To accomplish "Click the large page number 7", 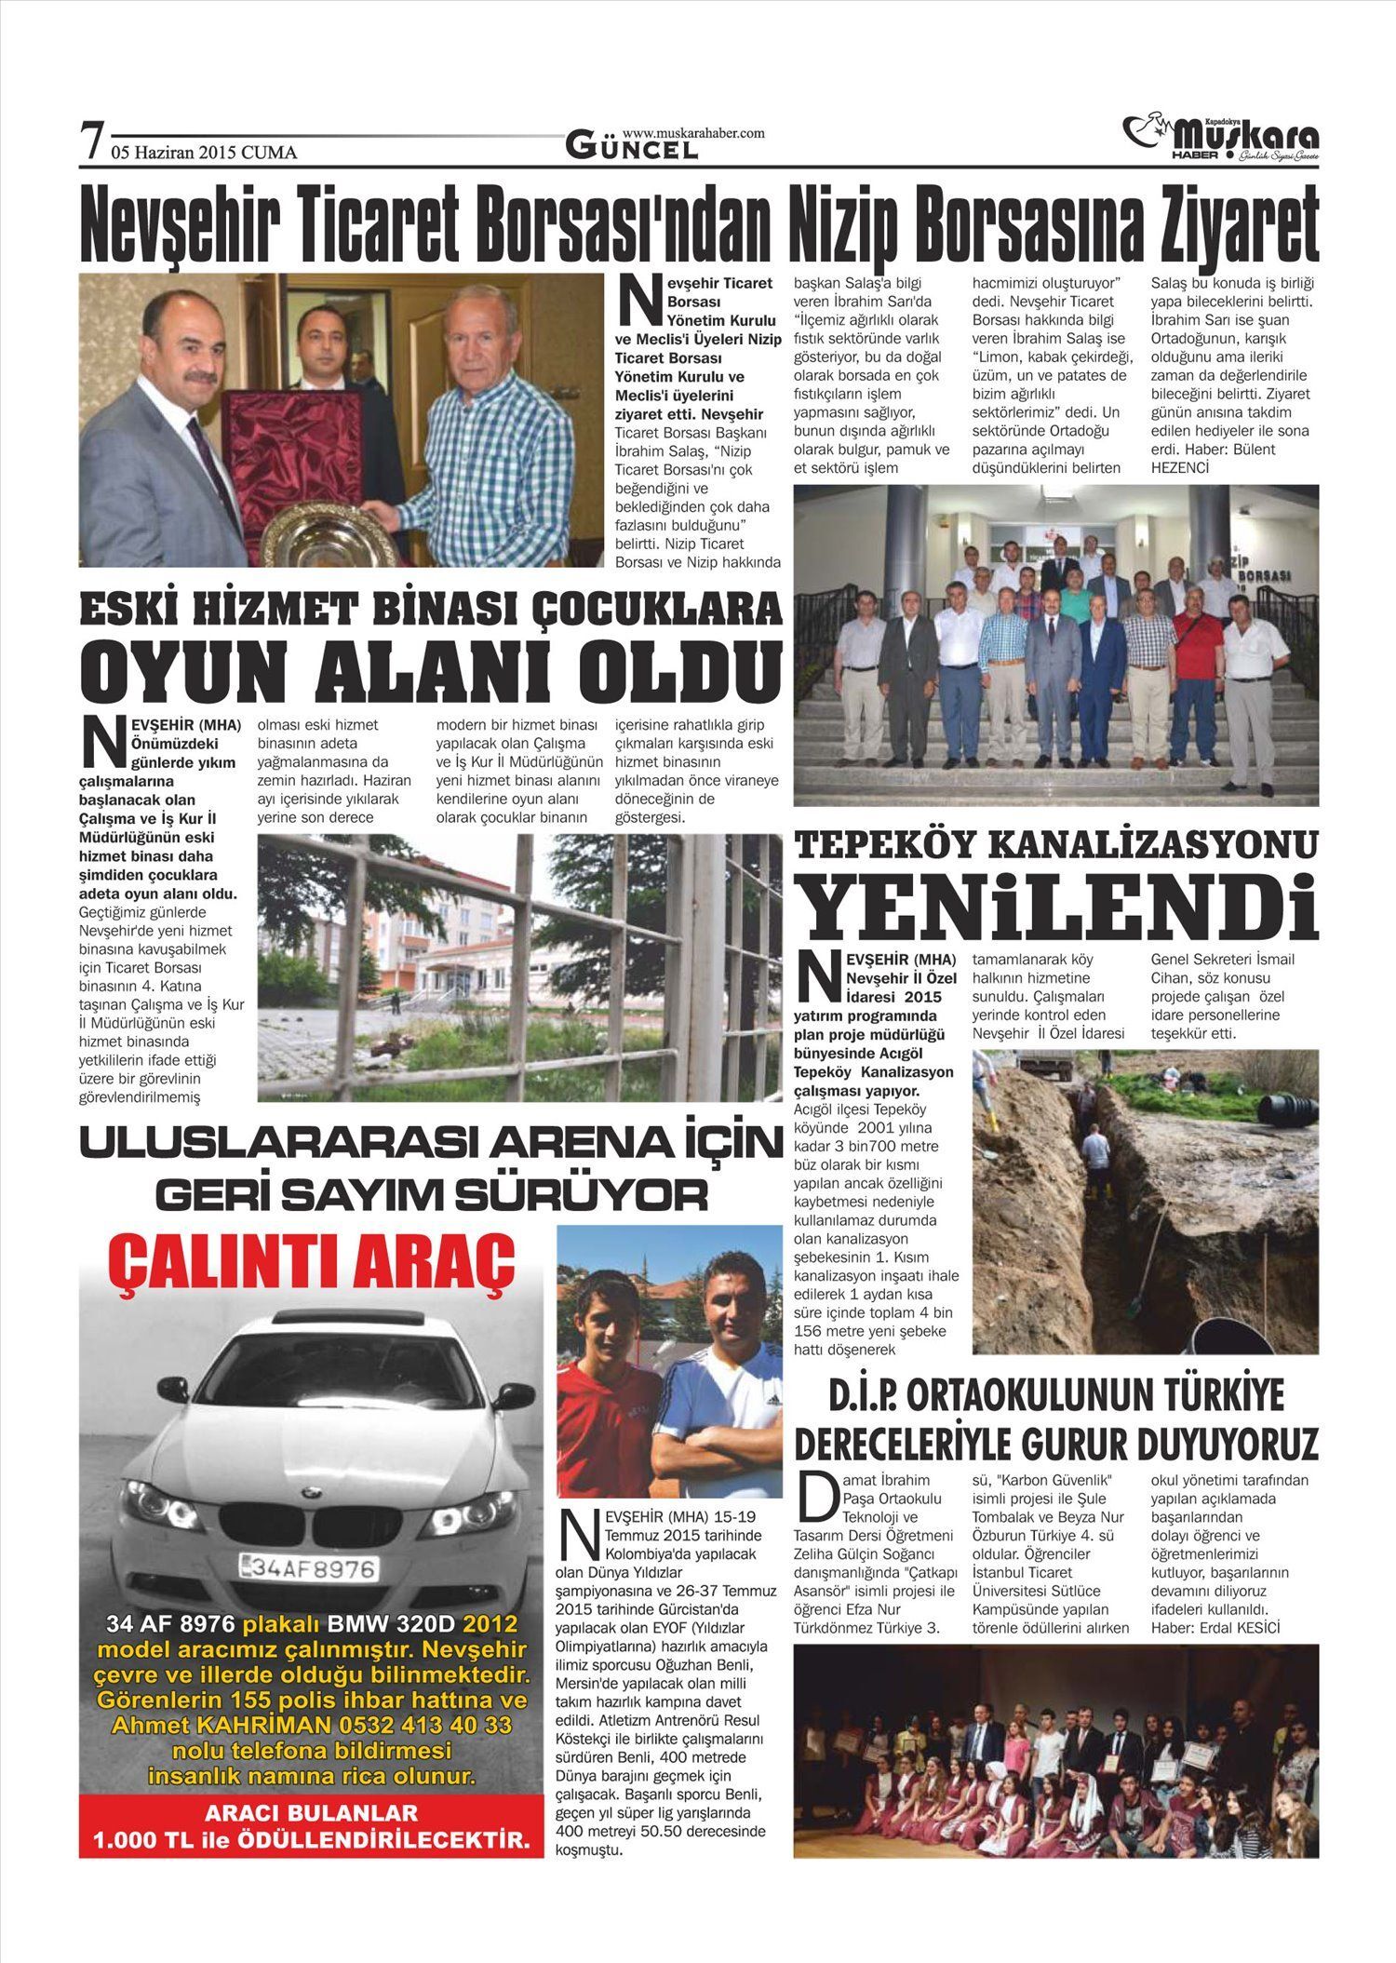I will [91, 141].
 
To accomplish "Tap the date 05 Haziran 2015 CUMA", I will [204, 153].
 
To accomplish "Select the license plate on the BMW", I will [310, 1569].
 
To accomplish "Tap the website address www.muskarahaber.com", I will [692, 133].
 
